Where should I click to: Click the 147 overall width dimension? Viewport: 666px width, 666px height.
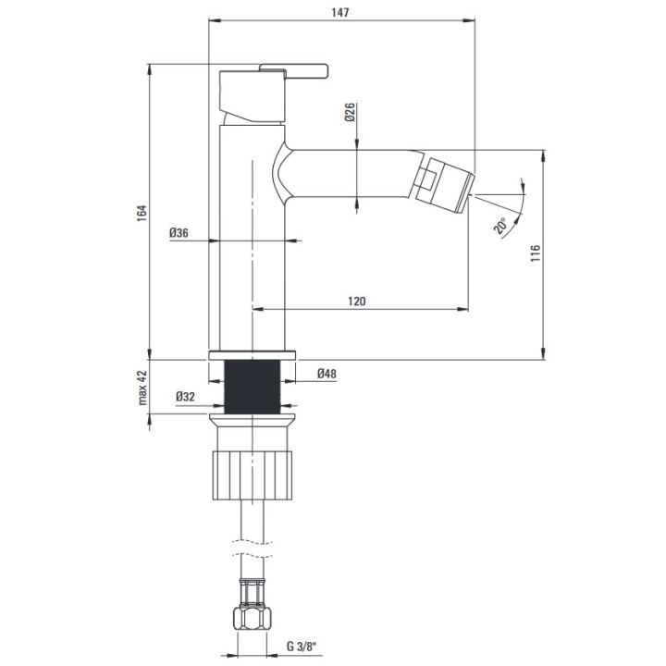[340, 13]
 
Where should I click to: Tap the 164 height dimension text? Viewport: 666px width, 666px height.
[142, 213]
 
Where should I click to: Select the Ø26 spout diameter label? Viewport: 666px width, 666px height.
[350, 112]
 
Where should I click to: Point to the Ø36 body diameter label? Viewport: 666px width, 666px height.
[179, 233]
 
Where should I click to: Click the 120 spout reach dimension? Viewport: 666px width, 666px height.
[357, 302]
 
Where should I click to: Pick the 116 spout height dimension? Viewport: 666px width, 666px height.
[536, 253]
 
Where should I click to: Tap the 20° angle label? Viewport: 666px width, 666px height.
[500, 226]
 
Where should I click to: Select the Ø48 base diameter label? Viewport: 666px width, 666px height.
[327, 374]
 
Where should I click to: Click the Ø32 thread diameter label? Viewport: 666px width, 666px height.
[185, 397]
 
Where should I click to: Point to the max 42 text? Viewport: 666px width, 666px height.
[142, 388]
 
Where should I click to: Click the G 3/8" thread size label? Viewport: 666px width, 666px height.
[302, 647]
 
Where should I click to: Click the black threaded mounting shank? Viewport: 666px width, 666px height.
[253, 387]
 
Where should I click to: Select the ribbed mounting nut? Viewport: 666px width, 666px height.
[253, 475]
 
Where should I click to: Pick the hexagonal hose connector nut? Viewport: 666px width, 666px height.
[253, 619]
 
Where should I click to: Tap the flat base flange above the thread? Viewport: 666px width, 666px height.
[253, 355]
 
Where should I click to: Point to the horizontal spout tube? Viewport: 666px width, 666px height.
[349, 174]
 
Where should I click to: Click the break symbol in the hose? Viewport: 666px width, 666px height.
[253, 549]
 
